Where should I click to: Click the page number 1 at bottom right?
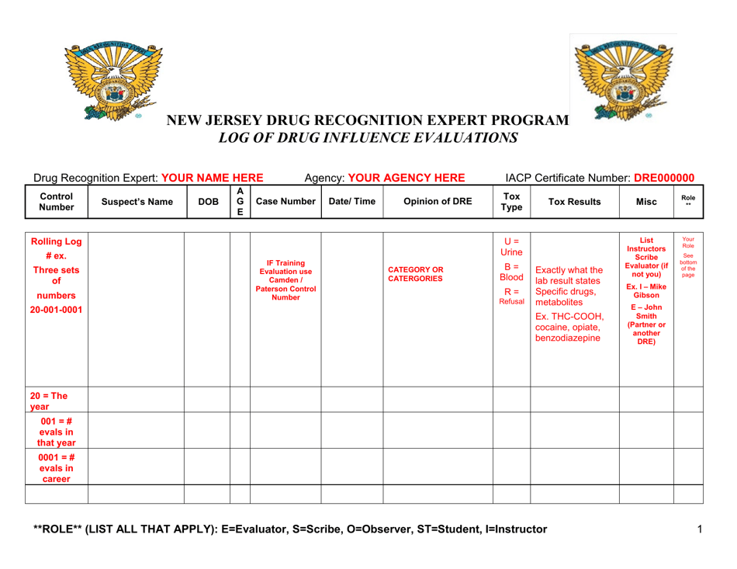699,529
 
